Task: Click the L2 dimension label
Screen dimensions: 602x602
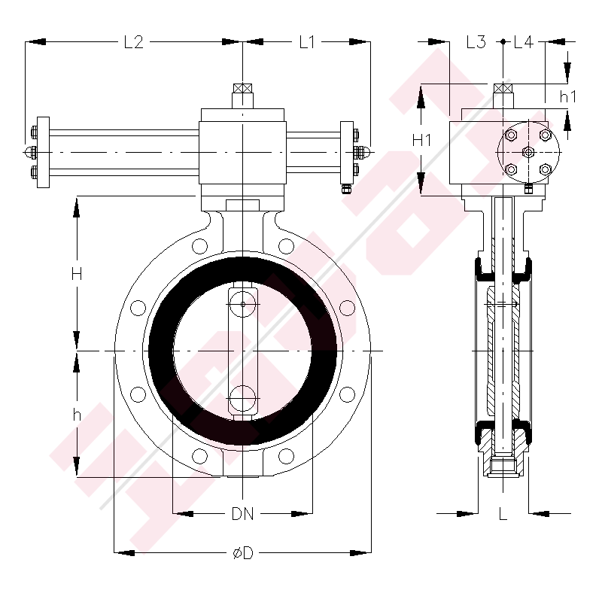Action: [x=133, y=43]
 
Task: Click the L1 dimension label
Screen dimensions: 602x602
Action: [x=306, y=43]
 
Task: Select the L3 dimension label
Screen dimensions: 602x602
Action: [x=476, y=43]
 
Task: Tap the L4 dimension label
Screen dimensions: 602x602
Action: [x=523, y=43]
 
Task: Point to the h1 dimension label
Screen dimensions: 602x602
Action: [x=567, y=96]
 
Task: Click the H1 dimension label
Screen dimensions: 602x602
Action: [x=422, y=140]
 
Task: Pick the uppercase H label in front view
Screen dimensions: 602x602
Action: [x=76, y=275]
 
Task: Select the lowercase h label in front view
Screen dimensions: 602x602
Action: [x=76, y=415]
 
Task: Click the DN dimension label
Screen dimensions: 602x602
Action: [x=242, y=515]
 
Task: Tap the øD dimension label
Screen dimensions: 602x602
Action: [x=242, y=554]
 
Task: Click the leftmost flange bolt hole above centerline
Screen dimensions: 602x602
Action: [x=138, y=308]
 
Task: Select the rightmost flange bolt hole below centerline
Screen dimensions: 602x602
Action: [x=347, y=394]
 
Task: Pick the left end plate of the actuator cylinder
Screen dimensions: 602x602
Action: [x=43, y=153]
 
